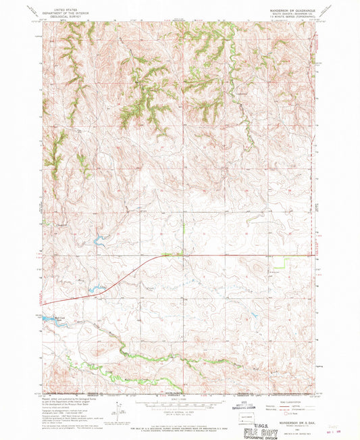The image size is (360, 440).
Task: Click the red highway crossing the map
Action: [203, 255]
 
